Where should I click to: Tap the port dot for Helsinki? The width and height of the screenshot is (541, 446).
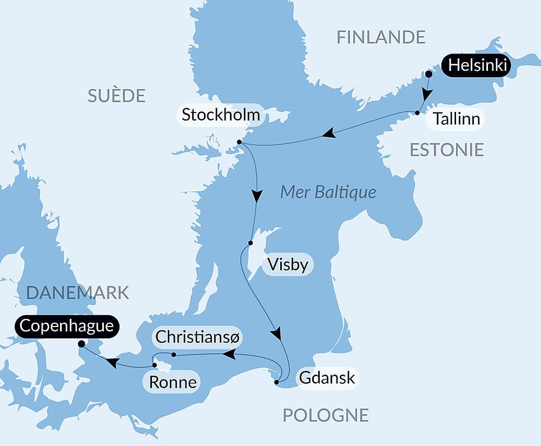[428, 74]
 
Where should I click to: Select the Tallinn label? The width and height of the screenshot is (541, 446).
[457, 119]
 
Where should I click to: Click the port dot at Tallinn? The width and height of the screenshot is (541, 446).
[418, 113]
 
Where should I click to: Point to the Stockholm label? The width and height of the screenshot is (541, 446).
[221, 115]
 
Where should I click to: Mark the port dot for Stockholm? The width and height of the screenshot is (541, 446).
[239, 142]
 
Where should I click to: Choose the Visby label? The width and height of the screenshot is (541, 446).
[288, 265]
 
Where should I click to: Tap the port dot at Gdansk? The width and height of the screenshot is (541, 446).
[276, 382]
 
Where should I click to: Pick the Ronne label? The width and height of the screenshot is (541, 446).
[172, 383]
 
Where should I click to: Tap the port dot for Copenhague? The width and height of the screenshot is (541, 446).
[81, 343]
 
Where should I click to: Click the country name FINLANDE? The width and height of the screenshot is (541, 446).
[381, 37]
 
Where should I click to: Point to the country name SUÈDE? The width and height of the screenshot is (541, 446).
[116, 96]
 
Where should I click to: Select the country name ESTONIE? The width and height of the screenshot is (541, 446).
[446, 150]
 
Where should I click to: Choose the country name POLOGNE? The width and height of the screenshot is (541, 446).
[326, 415]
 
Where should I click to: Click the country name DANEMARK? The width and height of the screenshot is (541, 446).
[77, 292]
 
